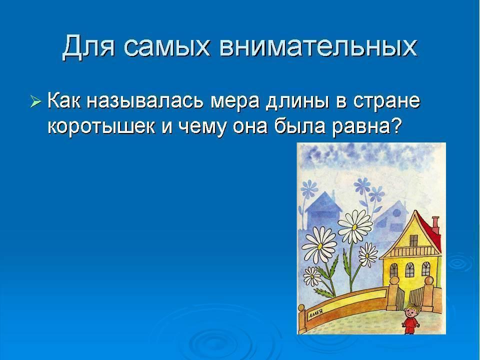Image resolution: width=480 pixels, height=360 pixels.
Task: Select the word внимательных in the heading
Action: tap(318, 47)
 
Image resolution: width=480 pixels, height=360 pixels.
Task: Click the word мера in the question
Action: tap(235, 103)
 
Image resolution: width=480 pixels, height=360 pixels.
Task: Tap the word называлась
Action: tap(145, 101)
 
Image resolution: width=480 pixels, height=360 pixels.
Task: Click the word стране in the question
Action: tap(386, 102)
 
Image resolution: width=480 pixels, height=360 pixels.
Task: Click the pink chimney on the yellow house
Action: tap(435, 225)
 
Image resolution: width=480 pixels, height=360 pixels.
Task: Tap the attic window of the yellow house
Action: tap(413, 240)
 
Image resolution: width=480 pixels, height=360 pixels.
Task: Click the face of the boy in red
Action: tap(410, 312)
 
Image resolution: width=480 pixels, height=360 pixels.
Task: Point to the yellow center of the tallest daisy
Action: tap(354, 227)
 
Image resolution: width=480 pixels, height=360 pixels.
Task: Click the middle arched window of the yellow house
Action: tap(409, 269)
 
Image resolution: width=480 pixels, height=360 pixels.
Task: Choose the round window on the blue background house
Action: tap(396, 213)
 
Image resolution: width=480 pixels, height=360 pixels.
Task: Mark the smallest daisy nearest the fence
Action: tap(311, 276)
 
